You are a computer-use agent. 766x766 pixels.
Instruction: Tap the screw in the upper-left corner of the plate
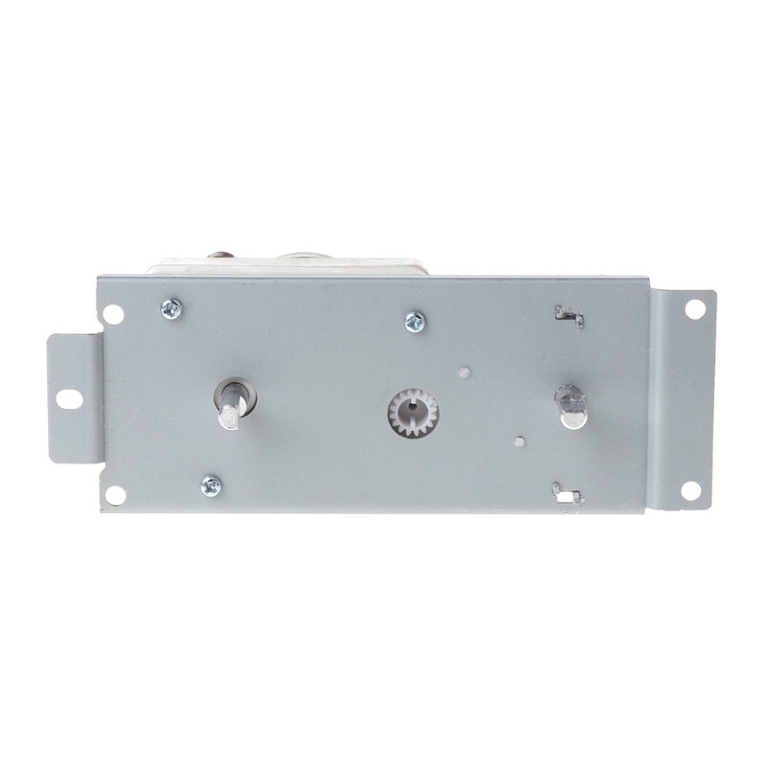[171, 307]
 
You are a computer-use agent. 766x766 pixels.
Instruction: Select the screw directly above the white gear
[415, 322]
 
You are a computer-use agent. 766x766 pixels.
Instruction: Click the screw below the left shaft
[211, 485]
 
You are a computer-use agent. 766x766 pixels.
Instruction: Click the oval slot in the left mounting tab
[69, 397]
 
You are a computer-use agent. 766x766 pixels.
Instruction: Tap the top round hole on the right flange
[695, 309]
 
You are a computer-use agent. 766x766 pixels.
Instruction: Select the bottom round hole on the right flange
[690, 489]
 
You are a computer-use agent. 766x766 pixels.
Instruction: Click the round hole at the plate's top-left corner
[113, 314]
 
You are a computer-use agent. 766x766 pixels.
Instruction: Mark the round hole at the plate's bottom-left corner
[115, 494]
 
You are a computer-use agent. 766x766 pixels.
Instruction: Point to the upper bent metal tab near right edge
[569, 315]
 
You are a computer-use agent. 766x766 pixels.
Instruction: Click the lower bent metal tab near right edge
[567, 493]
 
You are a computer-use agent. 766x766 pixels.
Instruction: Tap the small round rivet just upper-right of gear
[464, 372]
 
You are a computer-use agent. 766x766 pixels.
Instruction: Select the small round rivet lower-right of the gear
[519, 442]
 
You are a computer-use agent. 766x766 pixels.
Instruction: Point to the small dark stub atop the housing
[221, 256]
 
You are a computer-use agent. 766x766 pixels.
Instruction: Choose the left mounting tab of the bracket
[75, 398]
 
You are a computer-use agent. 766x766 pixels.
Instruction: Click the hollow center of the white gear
[413, 413]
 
